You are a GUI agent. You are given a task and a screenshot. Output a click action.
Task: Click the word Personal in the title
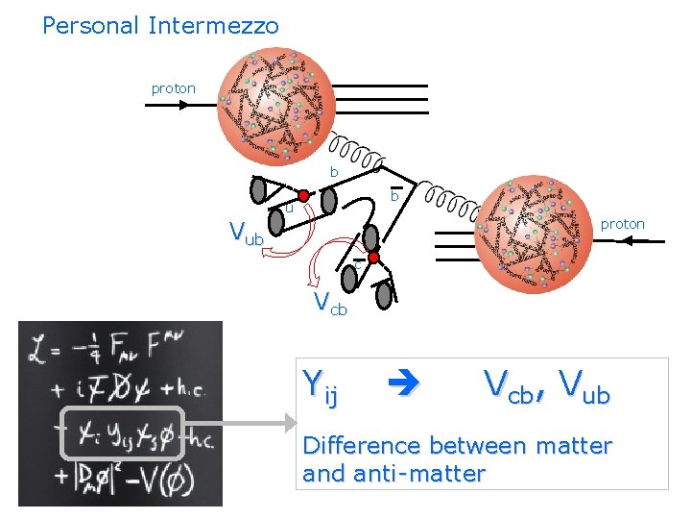click(x=91, y=26)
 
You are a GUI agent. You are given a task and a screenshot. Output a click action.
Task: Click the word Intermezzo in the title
click(x=213, y=26)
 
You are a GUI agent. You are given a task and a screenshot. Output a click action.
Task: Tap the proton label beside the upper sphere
click(x=173, y=88)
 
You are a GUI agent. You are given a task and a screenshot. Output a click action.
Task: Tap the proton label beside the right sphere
click(x=622, y=224)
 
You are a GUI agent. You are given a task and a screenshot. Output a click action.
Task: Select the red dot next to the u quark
click(x=303, y=196)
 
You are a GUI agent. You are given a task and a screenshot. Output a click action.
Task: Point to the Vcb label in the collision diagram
click(x=331, y=305)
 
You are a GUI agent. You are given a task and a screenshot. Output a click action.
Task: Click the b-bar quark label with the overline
click(x=394, y=196)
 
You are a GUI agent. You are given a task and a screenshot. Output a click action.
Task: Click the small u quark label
click(x=288, y=208)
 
